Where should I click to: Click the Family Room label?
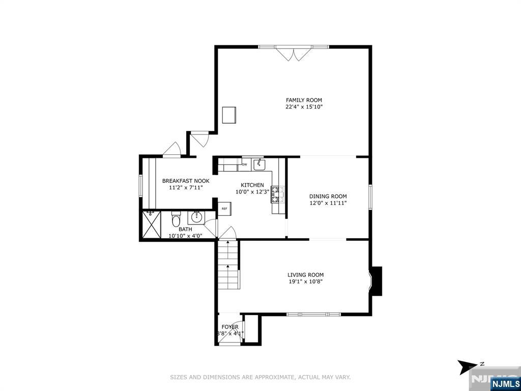304,100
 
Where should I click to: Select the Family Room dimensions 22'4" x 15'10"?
304,107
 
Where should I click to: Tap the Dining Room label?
328,196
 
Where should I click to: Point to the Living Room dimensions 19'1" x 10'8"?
305,282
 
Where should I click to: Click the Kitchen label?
252,185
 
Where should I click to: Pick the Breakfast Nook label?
185,181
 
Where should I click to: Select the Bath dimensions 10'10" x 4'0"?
185,236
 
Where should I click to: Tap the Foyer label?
229,327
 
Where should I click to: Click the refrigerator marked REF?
224,208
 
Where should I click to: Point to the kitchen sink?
259,164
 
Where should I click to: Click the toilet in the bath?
176,220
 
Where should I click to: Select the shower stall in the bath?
151,224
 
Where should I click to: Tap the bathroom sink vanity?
196,218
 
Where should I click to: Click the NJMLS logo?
505,383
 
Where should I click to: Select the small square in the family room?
229,115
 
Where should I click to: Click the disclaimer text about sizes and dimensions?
260,377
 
